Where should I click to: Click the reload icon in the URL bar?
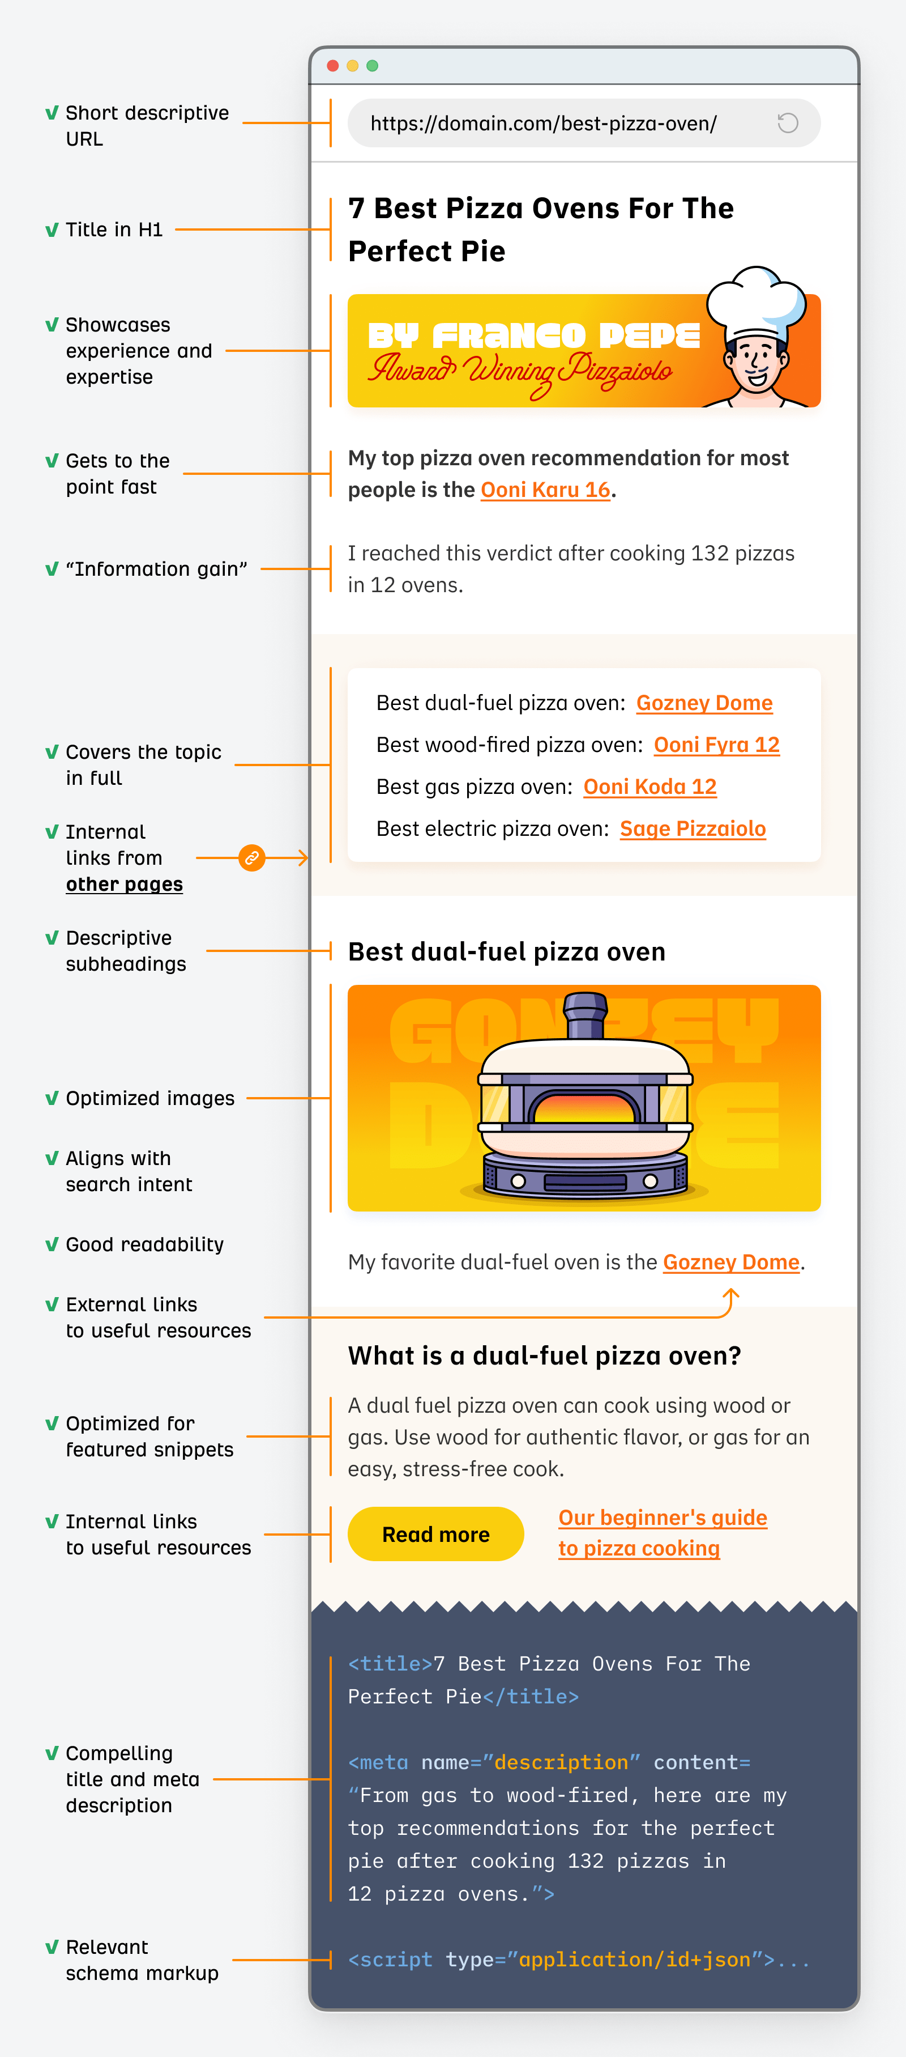point(787,123)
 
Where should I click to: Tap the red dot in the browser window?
point(333,66)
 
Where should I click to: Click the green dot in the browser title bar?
point(372,66)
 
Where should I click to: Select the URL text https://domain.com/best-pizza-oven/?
point(543,124)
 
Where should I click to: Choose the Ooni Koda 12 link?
point(649,787)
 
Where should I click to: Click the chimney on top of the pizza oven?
point(585,1014)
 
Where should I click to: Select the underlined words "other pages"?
point(124,885)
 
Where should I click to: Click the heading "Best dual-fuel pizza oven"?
point(506,952)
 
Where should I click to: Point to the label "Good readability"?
point(144,1244)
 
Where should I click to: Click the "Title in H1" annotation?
point(114,230)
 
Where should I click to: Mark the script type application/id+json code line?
point(578,1960)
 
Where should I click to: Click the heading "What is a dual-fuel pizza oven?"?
point(544,1356)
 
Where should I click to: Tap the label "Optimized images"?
point(150,1099)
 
